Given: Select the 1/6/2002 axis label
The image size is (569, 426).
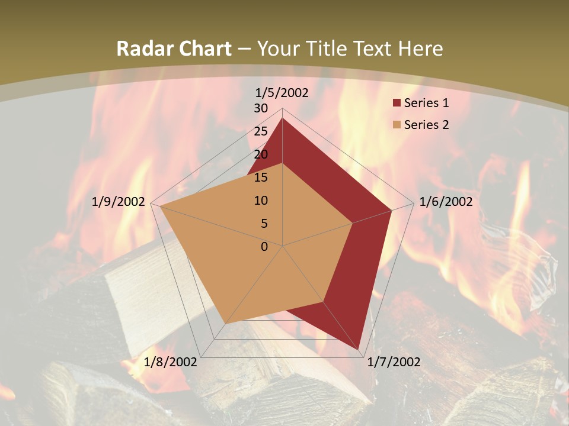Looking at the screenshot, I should pos(446,202).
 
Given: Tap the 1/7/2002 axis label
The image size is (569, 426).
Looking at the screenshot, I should pos(394,362).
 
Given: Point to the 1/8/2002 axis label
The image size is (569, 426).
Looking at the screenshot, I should pos(171,362).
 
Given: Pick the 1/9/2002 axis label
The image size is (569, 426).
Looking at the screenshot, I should pos(119,202).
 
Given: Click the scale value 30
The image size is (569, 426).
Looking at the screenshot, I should pos(261,108).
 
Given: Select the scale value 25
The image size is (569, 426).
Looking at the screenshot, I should pos(261,131).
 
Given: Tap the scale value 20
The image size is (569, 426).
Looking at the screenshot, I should pos(261,154).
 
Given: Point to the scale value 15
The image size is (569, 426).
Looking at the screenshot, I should pos(261,177).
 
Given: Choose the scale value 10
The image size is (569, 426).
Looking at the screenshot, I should pos(261,201).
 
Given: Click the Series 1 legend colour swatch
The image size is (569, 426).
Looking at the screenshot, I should pos(397,103).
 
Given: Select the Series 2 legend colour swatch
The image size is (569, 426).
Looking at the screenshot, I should pos(397,125).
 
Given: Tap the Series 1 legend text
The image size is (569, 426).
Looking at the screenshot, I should pos(426,103).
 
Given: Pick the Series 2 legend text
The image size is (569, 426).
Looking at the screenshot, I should pos(426,125).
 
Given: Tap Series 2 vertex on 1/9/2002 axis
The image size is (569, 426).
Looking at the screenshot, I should pos(160,206).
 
